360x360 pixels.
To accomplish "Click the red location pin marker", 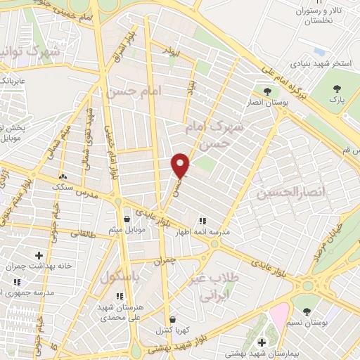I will coord(181,165).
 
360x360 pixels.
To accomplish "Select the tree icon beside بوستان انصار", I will coord(266,91).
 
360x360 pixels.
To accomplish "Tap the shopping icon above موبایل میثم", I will coord(127,218).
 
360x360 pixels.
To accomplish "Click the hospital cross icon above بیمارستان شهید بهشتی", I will coord(262,342).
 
